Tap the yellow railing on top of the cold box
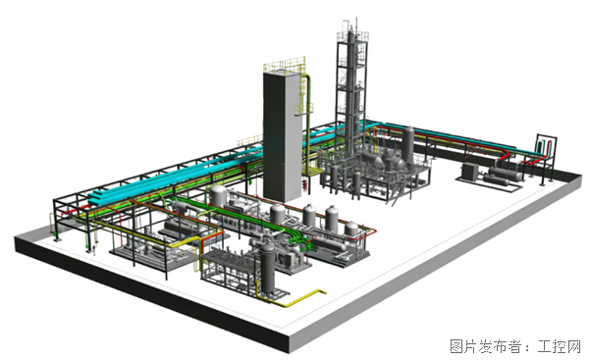(285, 65)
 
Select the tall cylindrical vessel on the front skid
(268, 268)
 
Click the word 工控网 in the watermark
(559, 345)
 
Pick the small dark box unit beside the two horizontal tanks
(470, 171)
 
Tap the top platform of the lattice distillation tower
(352, 35)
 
